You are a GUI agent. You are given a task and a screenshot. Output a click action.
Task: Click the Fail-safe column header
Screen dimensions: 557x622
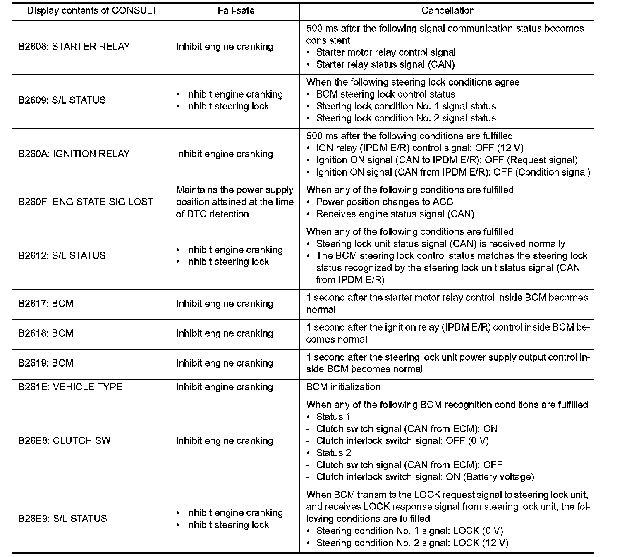tap(236, 11)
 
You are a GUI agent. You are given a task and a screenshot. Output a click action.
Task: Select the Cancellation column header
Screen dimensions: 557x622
tap(447, 11)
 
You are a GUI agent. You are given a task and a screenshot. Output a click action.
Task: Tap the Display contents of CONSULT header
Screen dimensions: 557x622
tap(92, 11)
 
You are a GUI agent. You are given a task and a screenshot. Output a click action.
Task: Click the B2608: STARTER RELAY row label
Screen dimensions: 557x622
tap(74, 46)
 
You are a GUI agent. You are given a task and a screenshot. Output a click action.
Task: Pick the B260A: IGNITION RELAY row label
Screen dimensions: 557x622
tap(74, 154)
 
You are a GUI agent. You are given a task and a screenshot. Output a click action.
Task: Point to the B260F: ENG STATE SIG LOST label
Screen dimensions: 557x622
tap(86, 202)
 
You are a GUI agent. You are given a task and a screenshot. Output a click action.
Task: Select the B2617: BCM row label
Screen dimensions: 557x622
tap(46, 304)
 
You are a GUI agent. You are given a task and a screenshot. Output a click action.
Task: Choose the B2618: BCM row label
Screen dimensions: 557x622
tap(46, 333)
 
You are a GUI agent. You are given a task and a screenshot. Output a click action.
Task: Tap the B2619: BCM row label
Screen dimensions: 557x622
tap(46, 363)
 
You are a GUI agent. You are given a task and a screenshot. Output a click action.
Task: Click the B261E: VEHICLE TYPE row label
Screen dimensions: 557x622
tap(70, 387)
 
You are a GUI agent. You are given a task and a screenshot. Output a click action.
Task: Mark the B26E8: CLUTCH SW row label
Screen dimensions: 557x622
tap(65, 440)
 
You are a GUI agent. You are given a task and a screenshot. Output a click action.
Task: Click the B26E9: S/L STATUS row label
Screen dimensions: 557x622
tap(62, 519)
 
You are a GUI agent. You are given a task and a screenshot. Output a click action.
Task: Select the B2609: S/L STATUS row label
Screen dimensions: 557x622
tap(62, 100)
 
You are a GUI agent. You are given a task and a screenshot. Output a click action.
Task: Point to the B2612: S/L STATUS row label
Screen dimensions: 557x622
tap(62, 255)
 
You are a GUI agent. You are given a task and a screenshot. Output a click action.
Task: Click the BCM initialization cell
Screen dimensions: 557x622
tap(343, 387)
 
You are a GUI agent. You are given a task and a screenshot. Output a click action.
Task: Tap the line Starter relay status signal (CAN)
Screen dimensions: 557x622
tap(385, 64)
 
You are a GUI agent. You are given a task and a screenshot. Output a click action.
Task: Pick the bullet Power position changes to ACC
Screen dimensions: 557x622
tap(384, 202)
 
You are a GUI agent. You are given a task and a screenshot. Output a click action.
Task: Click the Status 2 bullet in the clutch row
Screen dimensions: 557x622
tap(333, 453)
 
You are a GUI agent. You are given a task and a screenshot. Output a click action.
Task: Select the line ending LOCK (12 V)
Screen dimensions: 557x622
tap(412, 543)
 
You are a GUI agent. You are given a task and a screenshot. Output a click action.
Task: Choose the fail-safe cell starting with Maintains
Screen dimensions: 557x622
tap(234, 202)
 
